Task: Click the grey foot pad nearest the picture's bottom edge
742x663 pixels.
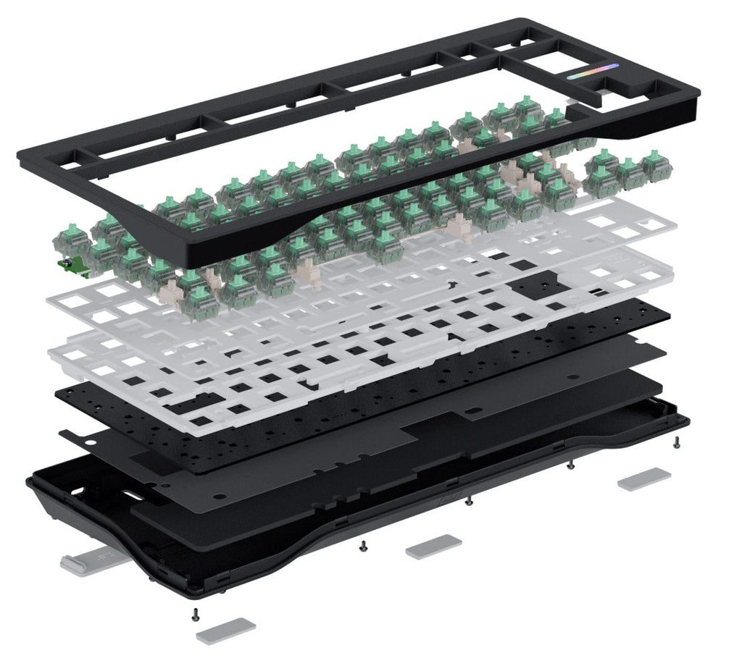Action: pyautogui.click(x=226, y=629)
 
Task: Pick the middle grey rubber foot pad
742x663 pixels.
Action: pyautogui.click(x=433, y=546)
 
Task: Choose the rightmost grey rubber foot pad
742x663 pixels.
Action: pyautogui.click(x=644, y=478)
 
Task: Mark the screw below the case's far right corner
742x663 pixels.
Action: pyautogui.click(x=676, y=444)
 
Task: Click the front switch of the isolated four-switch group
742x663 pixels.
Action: pyautogui.click(x=601, y=180)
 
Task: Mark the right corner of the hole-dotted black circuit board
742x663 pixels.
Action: pyautogui.click(x=668, y=316)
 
